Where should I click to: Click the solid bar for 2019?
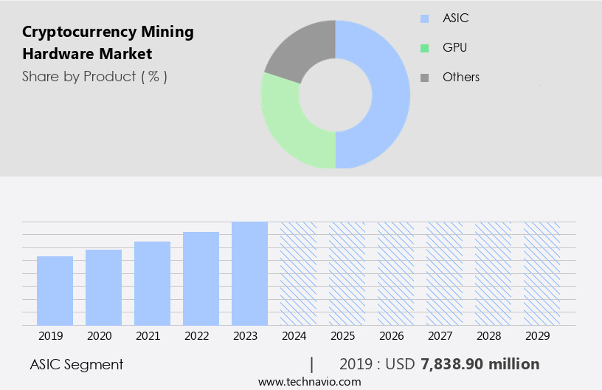pos(55,291)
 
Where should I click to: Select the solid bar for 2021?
pos(152,284)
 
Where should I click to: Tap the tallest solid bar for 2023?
pos(249,273)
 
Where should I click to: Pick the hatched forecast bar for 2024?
pos(298,273)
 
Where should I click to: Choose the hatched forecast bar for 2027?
pos(444,273)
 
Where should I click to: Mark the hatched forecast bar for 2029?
pos(542,273)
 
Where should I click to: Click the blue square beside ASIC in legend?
pos(424,18)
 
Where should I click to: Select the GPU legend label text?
pos(454,48)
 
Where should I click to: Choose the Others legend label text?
pos(460,77)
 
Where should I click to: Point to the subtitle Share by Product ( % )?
pos(94,76)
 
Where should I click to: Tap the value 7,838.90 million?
pos(480,364)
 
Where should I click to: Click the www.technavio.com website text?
pos(309,382)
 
